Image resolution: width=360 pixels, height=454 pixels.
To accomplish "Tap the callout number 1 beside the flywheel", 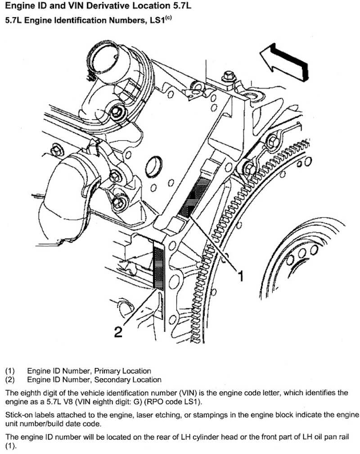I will point(242,275).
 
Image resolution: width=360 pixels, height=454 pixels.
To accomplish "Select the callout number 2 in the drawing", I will point(117,332).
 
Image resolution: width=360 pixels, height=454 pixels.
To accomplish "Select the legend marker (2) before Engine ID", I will point(10,380).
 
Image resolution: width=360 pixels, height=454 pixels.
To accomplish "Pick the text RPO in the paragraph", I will point(190,400).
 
